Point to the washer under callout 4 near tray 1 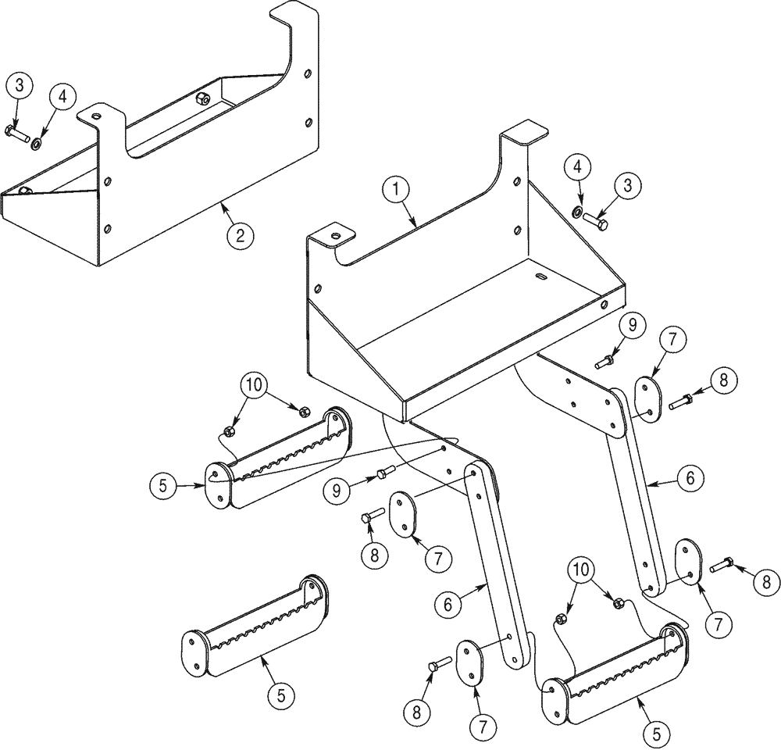[x=576, y=211]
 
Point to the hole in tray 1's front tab [x=336, y=234]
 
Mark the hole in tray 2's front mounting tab [x=95, y=115]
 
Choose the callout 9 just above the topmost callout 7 [x=631, y=323]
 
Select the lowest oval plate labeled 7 [x=470, y=662]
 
